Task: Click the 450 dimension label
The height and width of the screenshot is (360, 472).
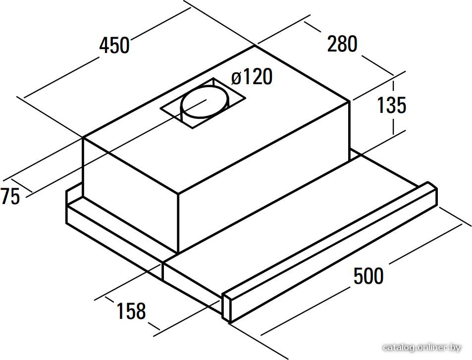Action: [x=114, y=46]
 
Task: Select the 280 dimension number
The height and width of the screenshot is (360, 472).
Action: [x=342, y=44]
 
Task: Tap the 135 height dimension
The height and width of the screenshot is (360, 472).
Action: [x=391, y=105]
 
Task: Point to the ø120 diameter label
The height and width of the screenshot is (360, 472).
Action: [x=252, y=77]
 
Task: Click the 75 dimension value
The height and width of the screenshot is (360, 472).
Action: [x=10, y=196]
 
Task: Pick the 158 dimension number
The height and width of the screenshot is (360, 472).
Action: [x=131, y=311]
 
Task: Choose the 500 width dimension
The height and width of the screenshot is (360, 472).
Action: [x=368, y=275]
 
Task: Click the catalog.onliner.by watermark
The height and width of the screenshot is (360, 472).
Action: [x=422, y=348]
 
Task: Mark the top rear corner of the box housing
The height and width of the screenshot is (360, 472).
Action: [x=255, y=46]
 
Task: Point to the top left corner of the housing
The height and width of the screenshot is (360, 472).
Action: [x=83, y=138]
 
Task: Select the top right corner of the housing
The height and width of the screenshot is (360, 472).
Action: [x=349, y=101]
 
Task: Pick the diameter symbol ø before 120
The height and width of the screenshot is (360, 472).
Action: [x=237, y=78]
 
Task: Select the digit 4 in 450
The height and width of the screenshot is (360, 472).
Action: [x=104, y=46]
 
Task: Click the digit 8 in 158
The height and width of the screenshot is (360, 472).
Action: [x=141, y=311]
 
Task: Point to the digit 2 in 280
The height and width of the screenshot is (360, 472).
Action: [x=332, y=44]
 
